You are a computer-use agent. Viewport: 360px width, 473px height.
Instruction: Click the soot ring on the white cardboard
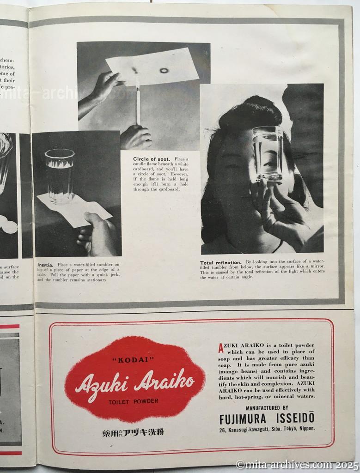164,71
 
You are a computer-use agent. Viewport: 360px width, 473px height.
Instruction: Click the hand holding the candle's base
136,137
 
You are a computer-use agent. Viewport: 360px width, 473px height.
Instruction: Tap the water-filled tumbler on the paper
60,176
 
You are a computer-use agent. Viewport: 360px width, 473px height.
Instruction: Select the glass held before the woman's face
268,154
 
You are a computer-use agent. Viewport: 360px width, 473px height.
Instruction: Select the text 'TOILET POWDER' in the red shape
133,401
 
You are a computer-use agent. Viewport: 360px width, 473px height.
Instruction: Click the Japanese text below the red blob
133,432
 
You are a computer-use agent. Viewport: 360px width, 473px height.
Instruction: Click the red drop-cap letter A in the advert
221,346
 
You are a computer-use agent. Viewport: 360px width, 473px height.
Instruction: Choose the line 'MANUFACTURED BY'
267,408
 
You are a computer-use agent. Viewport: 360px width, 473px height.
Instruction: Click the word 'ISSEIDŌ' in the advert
296,418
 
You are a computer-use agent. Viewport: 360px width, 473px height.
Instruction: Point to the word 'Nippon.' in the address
305,429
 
